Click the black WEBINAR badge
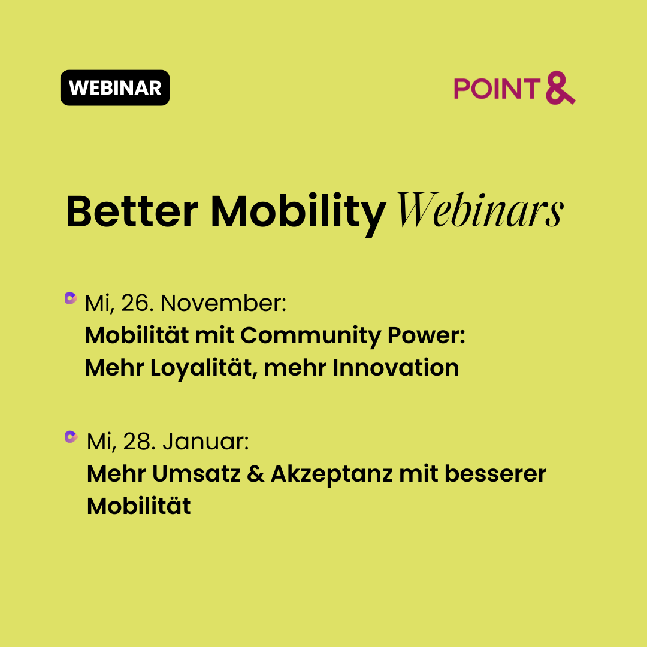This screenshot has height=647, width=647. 115,88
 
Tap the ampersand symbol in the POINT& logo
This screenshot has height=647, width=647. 560,88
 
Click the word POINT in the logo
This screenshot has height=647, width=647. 497,89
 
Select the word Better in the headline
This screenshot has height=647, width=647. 132,211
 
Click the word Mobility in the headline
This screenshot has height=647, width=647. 299,214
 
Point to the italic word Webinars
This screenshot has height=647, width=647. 480,210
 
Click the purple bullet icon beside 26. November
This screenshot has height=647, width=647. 71,298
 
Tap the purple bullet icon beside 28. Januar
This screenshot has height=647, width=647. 71,437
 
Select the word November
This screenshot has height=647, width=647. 223,303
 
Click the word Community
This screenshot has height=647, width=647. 311,336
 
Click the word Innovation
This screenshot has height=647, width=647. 396,367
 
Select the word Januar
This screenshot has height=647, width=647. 205,441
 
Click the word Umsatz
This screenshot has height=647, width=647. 196,474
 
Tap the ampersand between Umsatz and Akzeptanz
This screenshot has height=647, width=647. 255,474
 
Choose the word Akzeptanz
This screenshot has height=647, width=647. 331,474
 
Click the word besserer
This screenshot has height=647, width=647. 495,473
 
